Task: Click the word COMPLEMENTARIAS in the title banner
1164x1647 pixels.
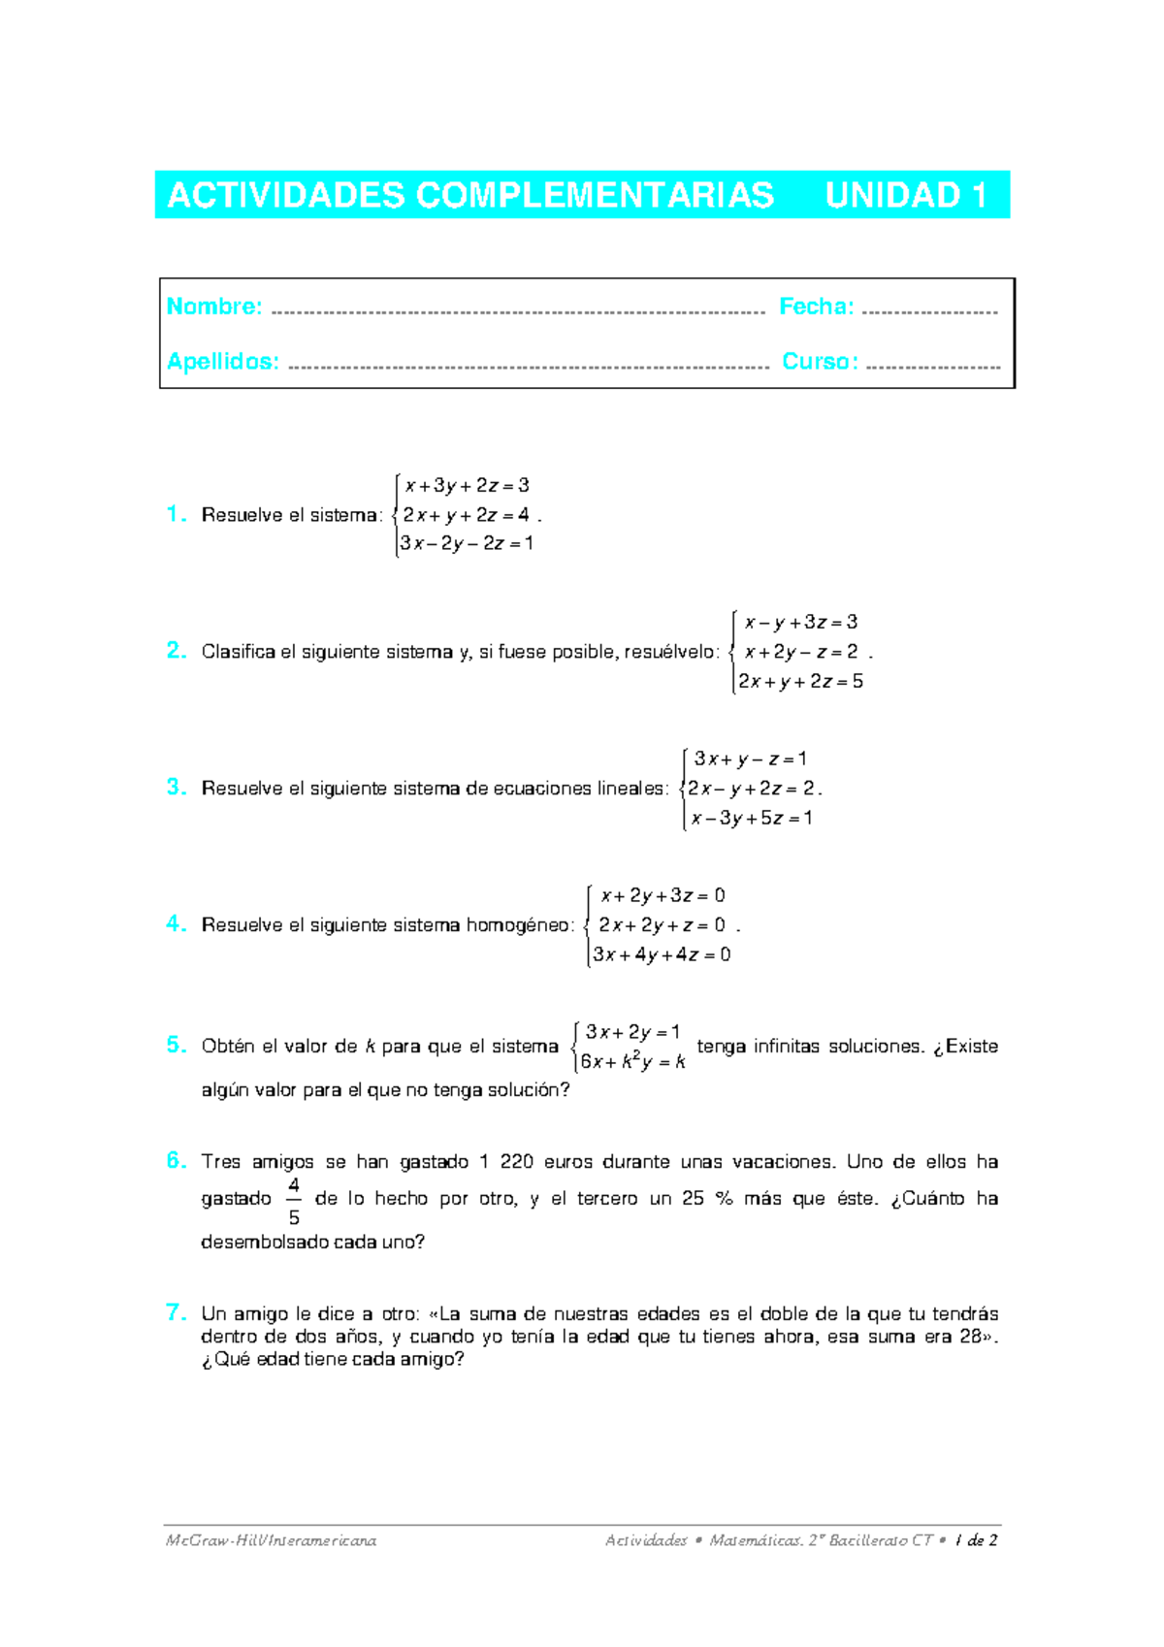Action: point(595,196)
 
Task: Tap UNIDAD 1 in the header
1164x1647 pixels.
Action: point(905,196)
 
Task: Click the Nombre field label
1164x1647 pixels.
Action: point(214,307)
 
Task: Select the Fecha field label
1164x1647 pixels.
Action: point(816,307)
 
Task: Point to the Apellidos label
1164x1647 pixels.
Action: point(222,362)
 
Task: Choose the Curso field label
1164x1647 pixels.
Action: point(820,362)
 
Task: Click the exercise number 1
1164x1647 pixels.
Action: point(176,514)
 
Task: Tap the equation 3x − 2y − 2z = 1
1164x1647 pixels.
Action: point(467,544)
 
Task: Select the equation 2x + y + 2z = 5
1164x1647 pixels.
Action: point(800,682)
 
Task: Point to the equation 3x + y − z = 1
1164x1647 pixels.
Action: point(750,759)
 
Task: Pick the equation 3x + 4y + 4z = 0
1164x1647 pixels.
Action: point(662,955)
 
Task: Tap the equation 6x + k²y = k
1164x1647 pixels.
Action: point(632,1062)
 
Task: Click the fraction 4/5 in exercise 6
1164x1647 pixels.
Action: point(294,1201)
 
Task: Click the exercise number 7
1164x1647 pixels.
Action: point(176,1312)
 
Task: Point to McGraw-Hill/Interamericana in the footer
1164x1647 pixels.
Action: point(271,1540)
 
